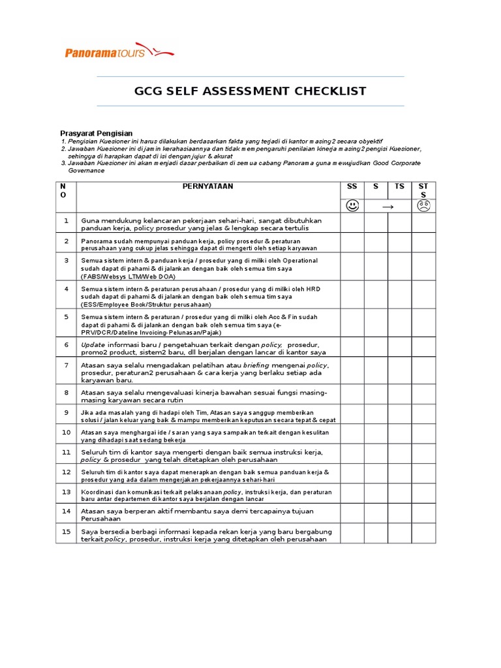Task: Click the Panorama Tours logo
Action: pos(119,52)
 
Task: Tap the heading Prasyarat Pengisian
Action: pos(97,133)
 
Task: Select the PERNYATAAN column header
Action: pos(208,187)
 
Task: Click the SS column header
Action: pos(352,187)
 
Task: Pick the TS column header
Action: pos(399,187)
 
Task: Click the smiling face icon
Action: pos(352,206)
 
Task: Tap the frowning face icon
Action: pos(423,206)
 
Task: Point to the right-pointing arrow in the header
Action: pos(387,206)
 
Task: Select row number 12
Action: pos(66,471)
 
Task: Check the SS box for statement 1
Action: pos(352,224)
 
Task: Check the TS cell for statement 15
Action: pos(399,534)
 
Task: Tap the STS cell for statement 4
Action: pos(423,296)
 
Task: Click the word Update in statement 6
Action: pos(93,344)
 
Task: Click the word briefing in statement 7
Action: pos(256,365)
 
